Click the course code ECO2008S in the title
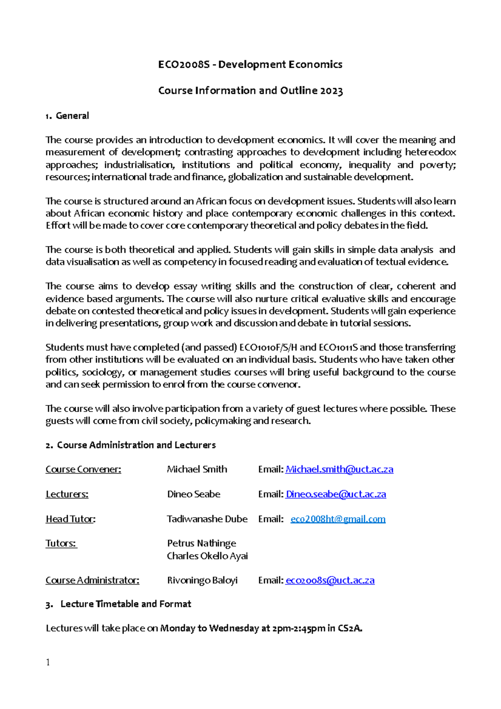point(183,65)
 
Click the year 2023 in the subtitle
point(332,91)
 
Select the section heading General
point(72,116)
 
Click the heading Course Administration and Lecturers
point(136,445)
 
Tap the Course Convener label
point(83,469)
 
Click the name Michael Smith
point(197,469)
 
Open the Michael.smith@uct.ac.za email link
point(339,469)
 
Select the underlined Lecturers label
point(67,494)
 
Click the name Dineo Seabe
point(194,494)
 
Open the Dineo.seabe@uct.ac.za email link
point(336,494)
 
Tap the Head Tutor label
point(70,519)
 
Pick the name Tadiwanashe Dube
point(207,519)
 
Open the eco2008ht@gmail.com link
point(338,519)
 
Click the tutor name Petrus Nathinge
point(202,543)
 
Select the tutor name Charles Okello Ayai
point(207,556)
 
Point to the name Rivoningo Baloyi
point(202,580)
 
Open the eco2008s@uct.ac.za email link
point(330,580)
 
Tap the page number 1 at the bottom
point(48,662)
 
